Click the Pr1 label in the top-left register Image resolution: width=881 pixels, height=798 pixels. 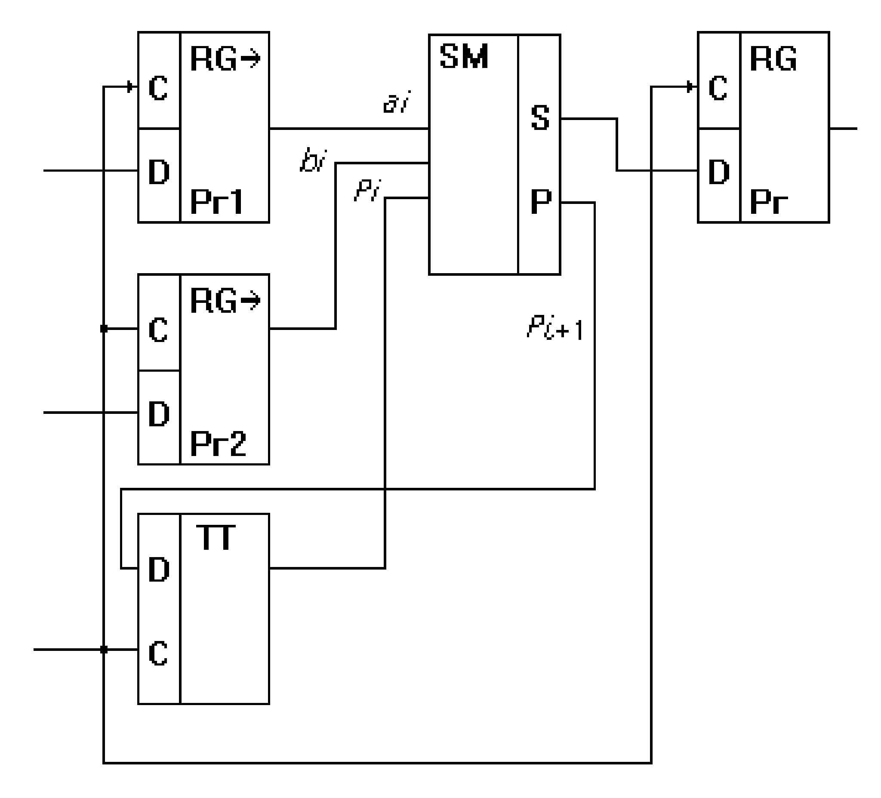(217, 202)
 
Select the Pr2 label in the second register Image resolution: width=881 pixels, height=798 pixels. (218, 444)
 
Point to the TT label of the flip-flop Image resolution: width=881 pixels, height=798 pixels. (216, 538)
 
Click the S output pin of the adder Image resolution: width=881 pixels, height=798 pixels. (540, 118)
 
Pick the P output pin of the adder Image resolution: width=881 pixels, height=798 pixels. (541, 202)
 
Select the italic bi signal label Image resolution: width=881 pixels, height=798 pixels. (313, 161)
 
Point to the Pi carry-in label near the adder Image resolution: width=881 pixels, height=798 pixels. (367, 191)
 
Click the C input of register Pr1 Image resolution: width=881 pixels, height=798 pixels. (158, 88)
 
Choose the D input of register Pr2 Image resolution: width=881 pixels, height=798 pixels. (159, 414)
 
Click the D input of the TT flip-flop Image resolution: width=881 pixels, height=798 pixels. (159, 570)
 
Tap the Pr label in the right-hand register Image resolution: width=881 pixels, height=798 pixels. (768, 203)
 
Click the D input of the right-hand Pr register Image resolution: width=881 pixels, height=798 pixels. (719, 172)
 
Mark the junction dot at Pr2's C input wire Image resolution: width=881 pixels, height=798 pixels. (104, 329)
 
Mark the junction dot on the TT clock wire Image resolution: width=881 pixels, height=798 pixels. (104, 650)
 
